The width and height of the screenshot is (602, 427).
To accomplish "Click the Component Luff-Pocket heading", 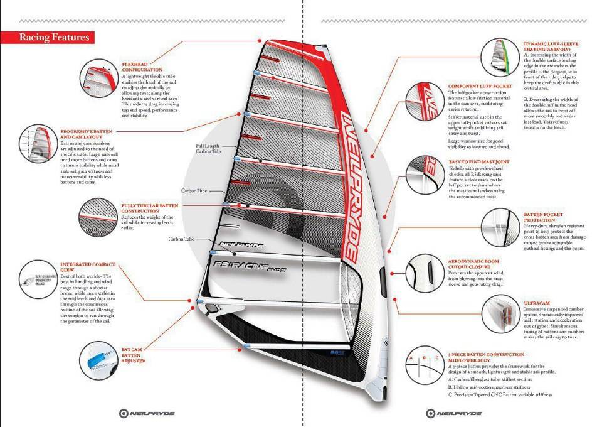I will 480,86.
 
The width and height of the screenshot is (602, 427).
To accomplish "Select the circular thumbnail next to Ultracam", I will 502,312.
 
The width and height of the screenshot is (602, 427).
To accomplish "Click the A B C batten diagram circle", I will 423,364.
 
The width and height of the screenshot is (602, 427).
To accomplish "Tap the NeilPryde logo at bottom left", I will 147,413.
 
